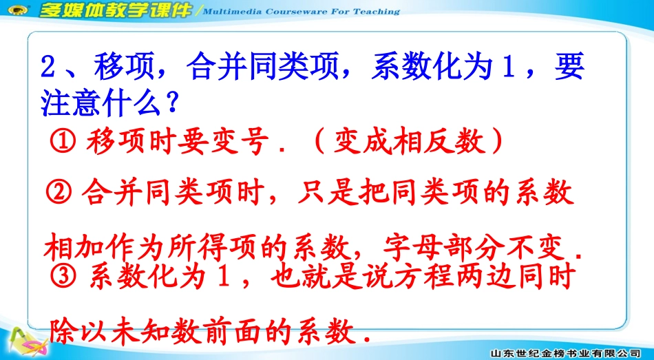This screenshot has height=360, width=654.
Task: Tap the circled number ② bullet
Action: tap(62, 193)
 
